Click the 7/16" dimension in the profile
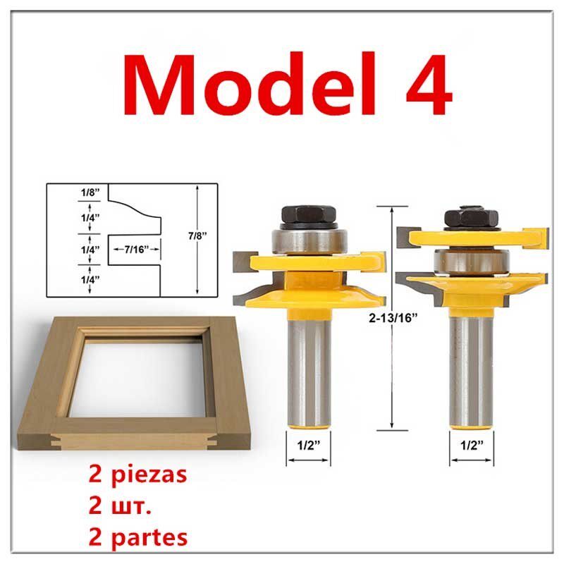click(x=135, y=250)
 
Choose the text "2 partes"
click(x=138, y=537)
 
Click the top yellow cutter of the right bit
click(x=471, y=233)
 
